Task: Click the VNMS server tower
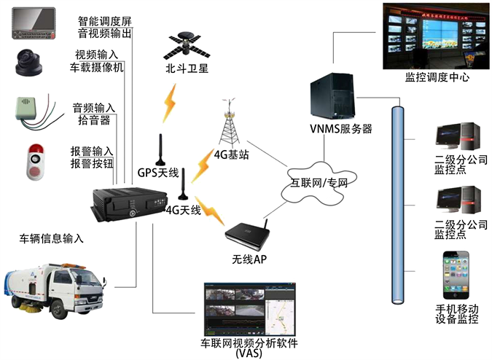click(x=332, y=90)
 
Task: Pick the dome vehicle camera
click(x=31, y=63)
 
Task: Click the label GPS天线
click(x=158, y=173)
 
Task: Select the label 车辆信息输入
click(x=52, y=238)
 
